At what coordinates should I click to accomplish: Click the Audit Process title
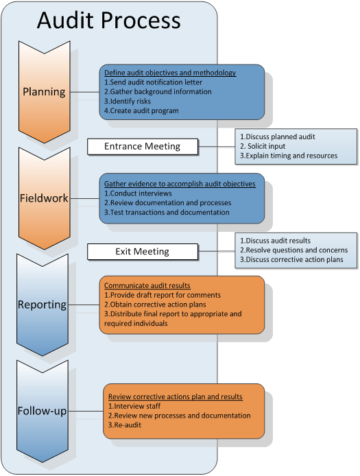pyautogui.click(x=108, y=21)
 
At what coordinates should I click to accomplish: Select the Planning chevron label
pyautogui.click(x=44, y=92)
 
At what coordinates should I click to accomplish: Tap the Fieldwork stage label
pyautogui.click(x=44, y=198)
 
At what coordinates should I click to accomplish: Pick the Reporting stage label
pyautogui.click(x=43, y=305)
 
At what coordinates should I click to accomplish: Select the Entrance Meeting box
pyautogui.click(x=142, y=146)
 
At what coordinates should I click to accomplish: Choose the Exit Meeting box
pyautogui.click(x=142, y=252)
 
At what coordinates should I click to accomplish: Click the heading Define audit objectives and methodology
pyautogui.click(x=170, y=73)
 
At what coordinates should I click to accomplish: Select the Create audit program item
pyautogui.click(x=141, y=110)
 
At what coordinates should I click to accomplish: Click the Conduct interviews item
pyautogui.click(x=138, y=193)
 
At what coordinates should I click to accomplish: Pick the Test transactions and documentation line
pyautogui.click(x=167, y=213)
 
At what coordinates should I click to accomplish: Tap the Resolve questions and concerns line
pyautogui.click(x=293, y=250)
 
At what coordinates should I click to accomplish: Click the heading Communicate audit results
pyautogui.click(x=147, y=285)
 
